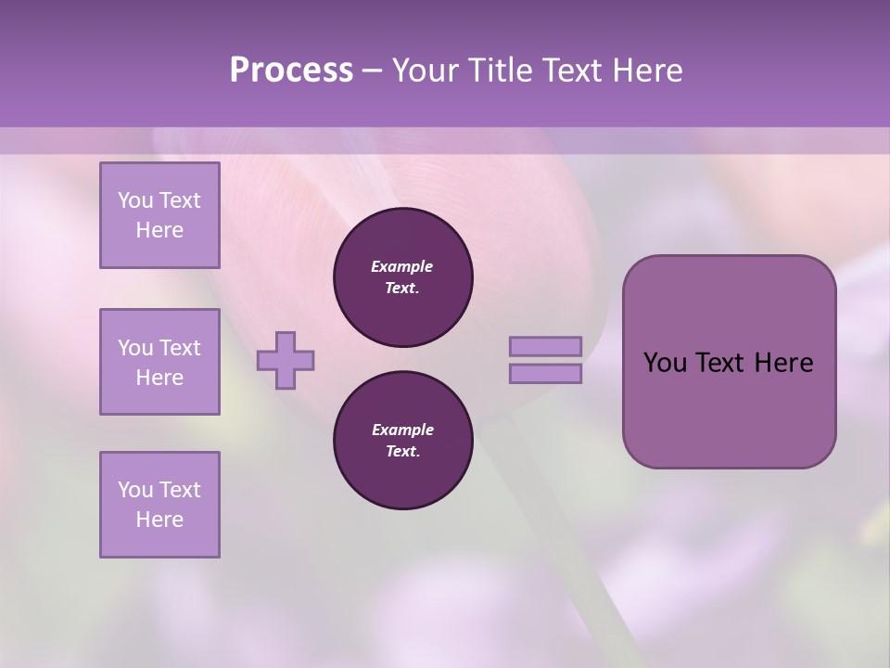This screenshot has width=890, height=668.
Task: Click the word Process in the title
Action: [x=291, y=71]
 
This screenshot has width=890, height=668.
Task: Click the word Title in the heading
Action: [x=497, y=71]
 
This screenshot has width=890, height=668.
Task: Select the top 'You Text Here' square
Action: [x=159, y=215]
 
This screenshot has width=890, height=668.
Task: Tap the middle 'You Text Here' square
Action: [x=159, y=362]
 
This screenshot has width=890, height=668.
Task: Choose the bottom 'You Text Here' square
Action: [x=159, y=505]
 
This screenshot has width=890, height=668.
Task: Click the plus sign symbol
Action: [x=286, y=360]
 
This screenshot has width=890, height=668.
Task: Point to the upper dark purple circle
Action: [x=402, y=276]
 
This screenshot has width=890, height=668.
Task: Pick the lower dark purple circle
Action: [x=402, y=441]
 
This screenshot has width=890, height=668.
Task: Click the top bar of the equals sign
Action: [x=545, y=346]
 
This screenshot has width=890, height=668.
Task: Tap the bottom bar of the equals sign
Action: [x=545, y=374]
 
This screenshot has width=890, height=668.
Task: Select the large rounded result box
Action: [x=729, y=362]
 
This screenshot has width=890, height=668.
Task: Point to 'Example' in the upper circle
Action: [x=402, y=266]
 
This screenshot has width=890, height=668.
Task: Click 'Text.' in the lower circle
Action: [x=402, y=452]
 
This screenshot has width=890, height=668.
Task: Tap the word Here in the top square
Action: [x=159, y=230]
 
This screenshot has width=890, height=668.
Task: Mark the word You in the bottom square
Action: [x=135, y=490]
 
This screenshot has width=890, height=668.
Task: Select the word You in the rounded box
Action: [x=665, y=363]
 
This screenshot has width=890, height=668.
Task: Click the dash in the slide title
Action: [x=372, y=71]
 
